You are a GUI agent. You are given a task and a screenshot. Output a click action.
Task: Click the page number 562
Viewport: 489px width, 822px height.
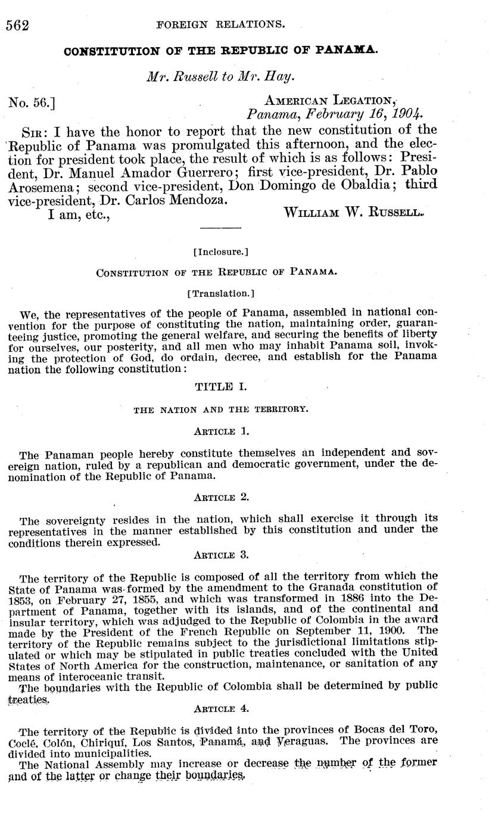coord(17,25)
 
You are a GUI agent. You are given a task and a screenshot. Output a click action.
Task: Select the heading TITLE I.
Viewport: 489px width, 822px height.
coord(220,387)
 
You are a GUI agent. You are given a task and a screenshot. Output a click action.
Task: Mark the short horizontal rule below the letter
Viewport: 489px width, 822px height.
coord(221,228)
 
